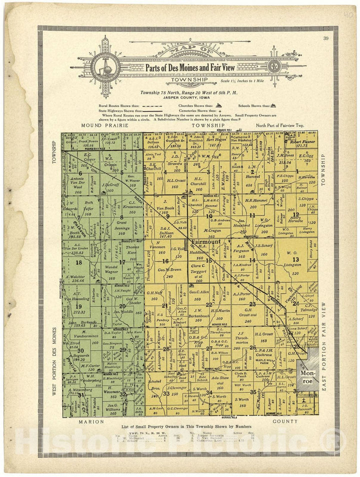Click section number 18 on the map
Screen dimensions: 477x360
78,262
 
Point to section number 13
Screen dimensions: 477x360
296,259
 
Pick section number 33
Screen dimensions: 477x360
166,393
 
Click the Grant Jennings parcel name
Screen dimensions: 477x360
121,225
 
